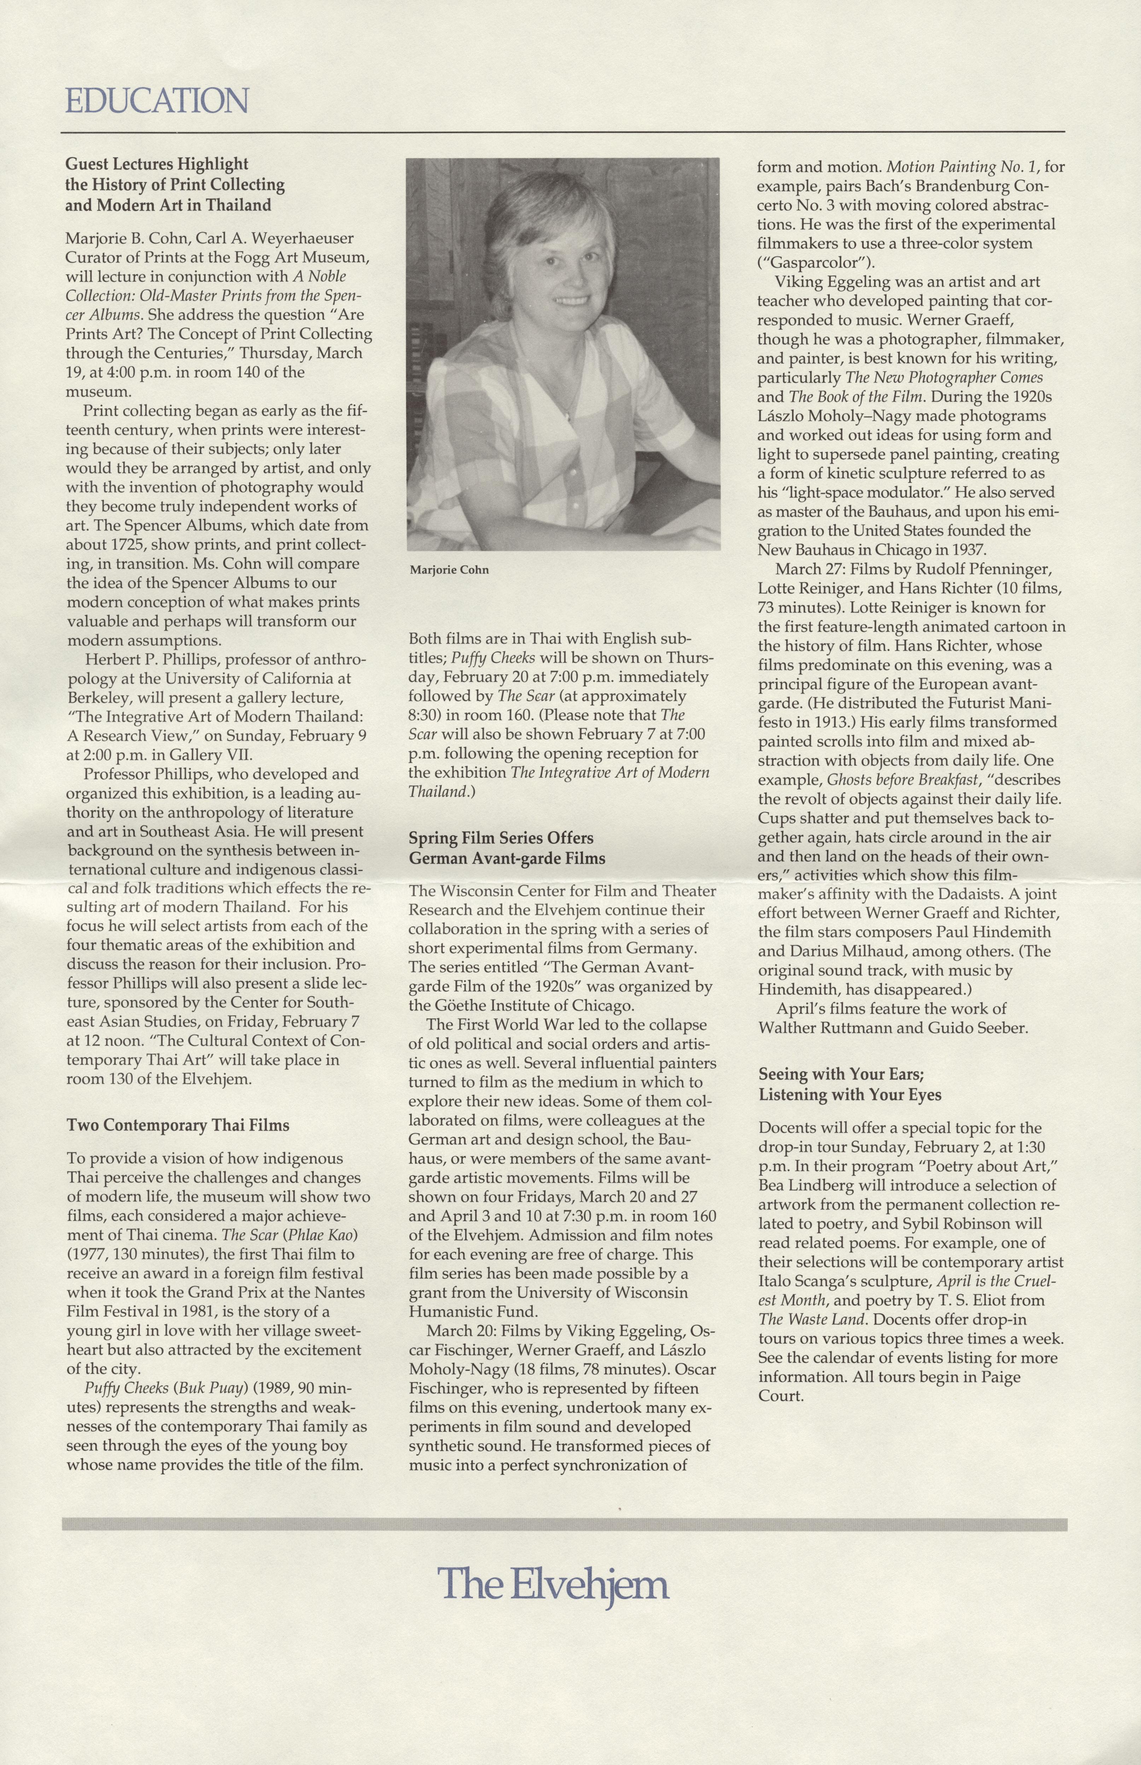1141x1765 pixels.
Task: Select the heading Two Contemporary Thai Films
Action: pyautogui.click(x=178, y=1125)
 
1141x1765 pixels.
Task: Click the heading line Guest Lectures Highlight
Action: pyautogui.click(x=157, y=164)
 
